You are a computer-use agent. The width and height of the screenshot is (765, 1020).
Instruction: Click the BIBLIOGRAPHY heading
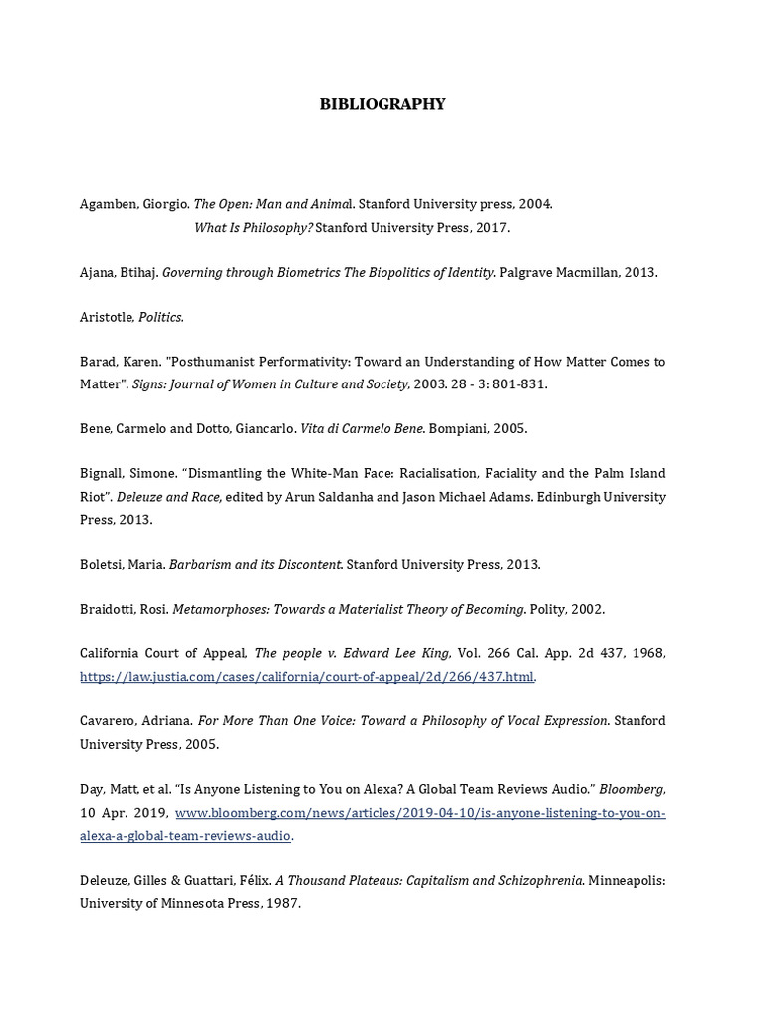coord(382,104)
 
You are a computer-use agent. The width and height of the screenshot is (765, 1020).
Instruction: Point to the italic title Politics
coord(161,317)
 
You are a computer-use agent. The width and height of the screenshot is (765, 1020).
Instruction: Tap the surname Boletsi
coord(103,564)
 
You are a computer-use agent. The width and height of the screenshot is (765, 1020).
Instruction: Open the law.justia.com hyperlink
coord(307,677)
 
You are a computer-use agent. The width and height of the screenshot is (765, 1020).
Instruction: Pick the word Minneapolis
coord(629,881)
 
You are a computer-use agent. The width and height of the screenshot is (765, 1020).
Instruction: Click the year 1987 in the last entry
coord(279,904)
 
